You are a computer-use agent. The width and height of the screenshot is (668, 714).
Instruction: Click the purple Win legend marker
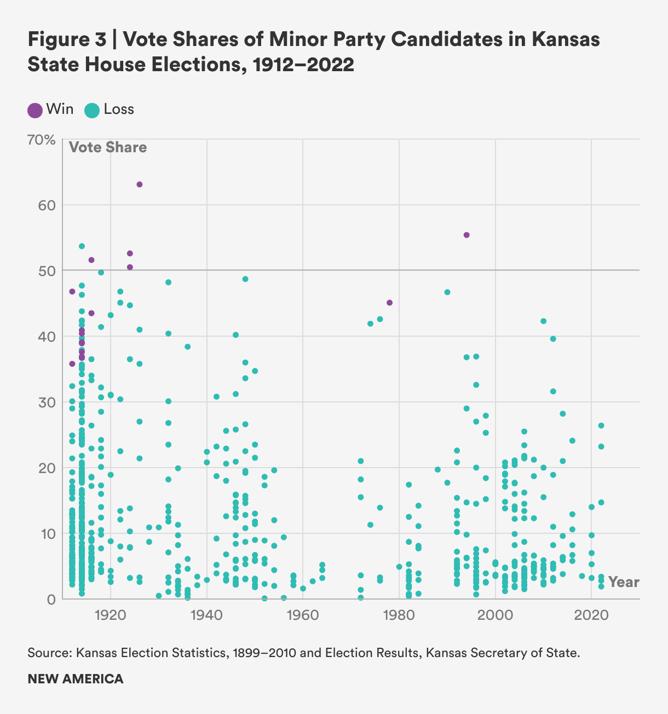(35, 110)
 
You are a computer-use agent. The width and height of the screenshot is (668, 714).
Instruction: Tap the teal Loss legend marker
(91, 110)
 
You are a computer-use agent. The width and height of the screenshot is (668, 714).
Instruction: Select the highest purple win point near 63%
(140, 185)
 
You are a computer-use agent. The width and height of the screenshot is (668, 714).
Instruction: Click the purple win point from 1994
(467, 235)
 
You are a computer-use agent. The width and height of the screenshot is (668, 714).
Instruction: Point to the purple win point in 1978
(389, 303)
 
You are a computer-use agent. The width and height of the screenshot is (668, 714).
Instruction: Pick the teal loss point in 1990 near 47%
(447, 292)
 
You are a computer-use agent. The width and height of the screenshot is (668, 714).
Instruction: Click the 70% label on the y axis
(42, 140)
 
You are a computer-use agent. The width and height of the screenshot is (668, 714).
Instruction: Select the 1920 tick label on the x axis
(111, 615)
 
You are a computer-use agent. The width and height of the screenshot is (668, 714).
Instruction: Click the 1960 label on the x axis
(303, 615)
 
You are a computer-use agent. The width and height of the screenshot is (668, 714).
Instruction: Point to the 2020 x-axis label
(591, 615)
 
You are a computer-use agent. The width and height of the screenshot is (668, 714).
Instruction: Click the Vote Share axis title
(108, 147)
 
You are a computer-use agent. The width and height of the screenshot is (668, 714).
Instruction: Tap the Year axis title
(624, 582)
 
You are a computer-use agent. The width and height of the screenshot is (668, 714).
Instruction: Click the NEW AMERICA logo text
(76, 679)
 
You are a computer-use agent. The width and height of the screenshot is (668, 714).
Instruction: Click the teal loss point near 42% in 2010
(543, 321)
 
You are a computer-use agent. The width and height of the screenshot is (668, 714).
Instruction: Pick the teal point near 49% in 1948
(245, 279)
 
